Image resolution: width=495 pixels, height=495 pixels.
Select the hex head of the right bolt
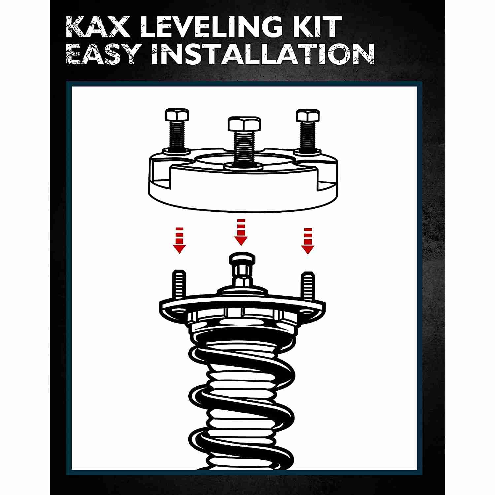point(308,115)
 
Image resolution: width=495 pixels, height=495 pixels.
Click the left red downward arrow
point(179,240)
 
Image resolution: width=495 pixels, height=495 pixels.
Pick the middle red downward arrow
point(241,232)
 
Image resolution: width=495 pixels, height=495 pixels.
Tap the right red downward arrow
point(307,241)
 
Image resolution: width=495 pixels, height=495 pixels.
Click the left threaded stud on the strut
point(179,284)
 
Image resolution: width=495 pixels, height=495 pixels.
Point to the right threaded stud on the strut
point(307,284)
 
